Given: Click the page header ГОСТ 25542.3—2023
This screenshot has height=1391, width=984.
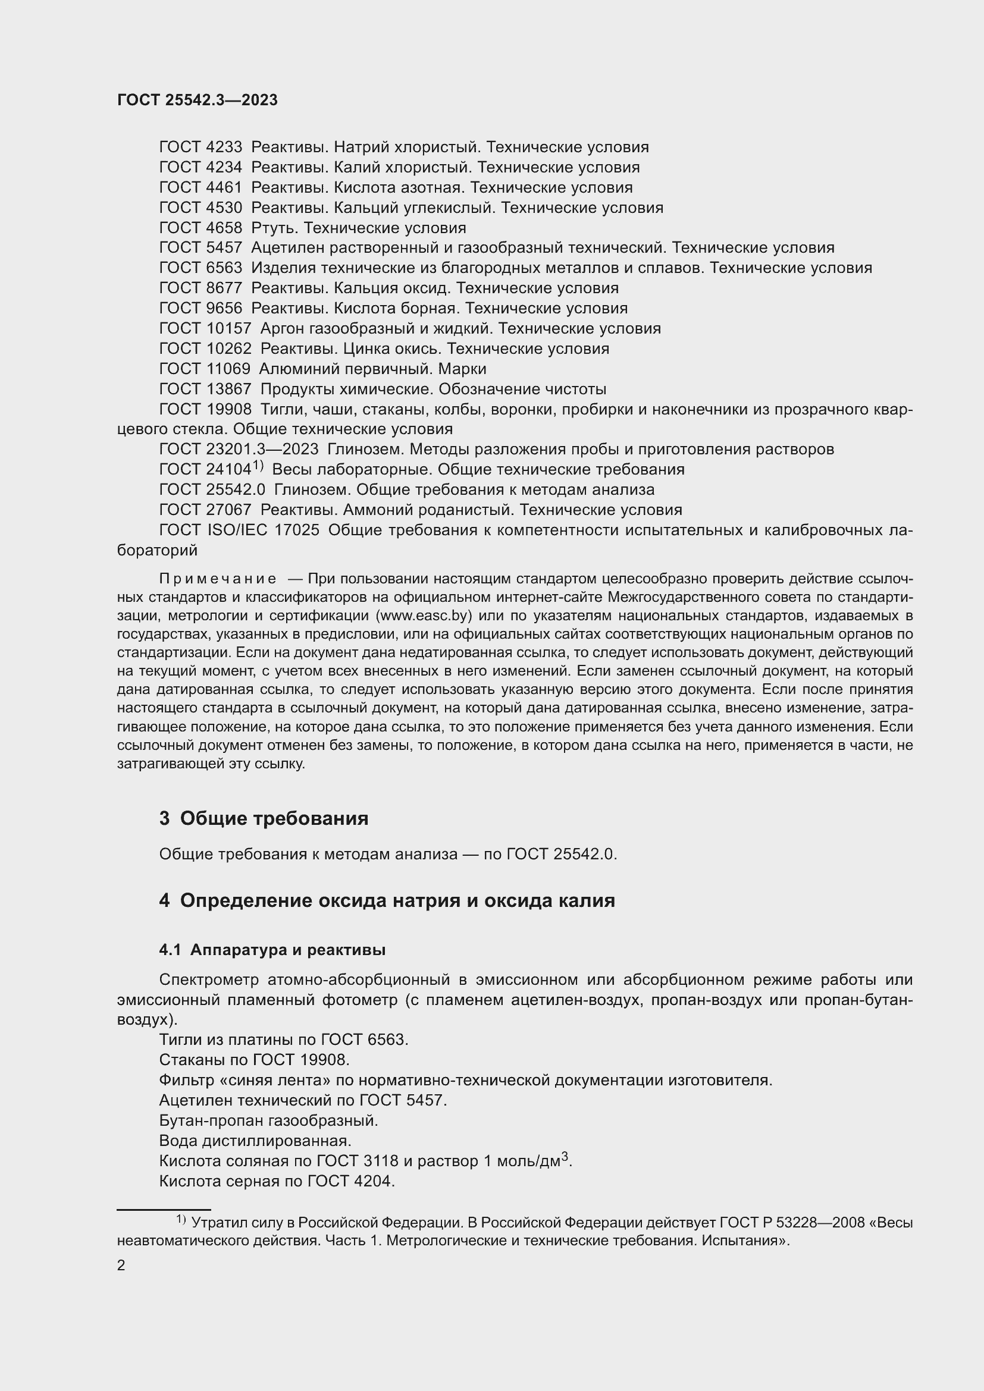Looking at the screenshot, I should [x=197, y=101].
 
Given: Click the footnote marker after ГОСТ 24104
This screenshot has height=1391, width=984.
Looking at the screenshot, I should [x=258, y=466].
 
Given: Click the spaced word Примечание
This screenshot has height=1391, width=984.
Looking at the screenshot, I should [x=218, y=579].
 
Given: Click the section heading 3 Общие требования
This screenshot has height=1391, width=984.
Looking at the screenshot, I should [x=264, y=818].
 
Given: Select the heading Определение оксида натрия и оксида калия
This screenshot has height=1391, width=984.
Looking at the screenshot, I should [x=397, y=901].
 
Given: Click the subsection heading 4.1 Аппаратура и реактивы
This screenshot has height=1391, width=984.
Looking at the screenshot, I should [x=272, y=950].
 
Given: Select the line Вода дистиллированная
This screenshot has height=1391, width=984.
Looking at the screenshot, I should [x=255, y=1141].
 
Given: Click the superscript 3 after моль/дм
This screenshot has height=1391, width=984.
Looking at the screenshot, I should [x=565, y=1157].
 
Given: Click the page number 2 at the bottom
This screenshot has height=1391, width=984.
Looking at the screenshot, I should [x=121, y=1266].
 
